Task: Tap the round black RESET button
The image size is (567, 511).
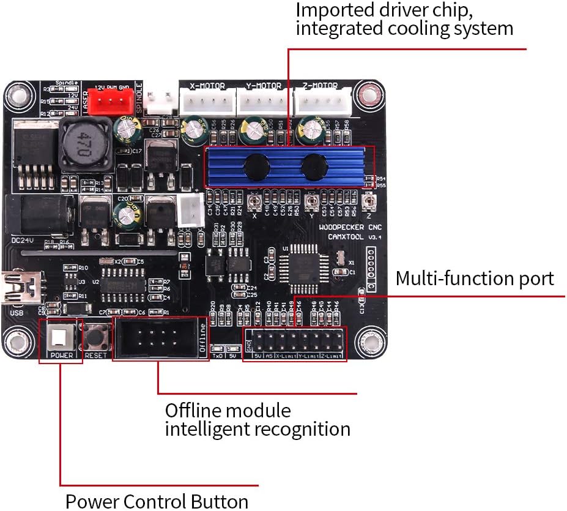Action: pos(96,337)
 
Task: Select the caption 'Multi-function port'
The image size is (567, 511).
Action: pos(475,278)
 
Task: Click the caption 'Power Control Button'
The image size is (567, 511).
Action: pos(157,501)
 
